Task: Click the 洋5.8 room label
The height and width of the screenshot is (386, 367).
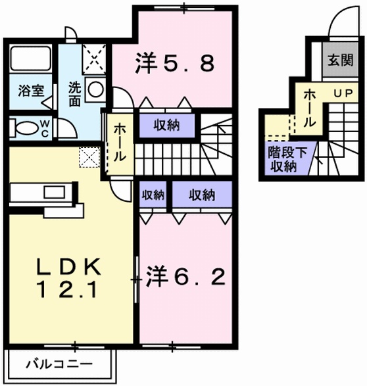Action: coord(174,64)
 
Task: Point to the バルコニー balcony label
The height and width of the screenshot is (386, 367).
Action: coord(59,363)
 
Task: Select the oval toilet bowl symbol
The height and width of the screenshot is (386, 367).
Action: coord(26,126)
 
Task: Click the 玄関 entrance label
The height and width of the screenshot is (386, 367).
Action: coord(340,61)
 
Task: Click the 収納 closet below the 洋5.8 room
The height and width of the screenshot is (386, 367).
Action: coord(167,125)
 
